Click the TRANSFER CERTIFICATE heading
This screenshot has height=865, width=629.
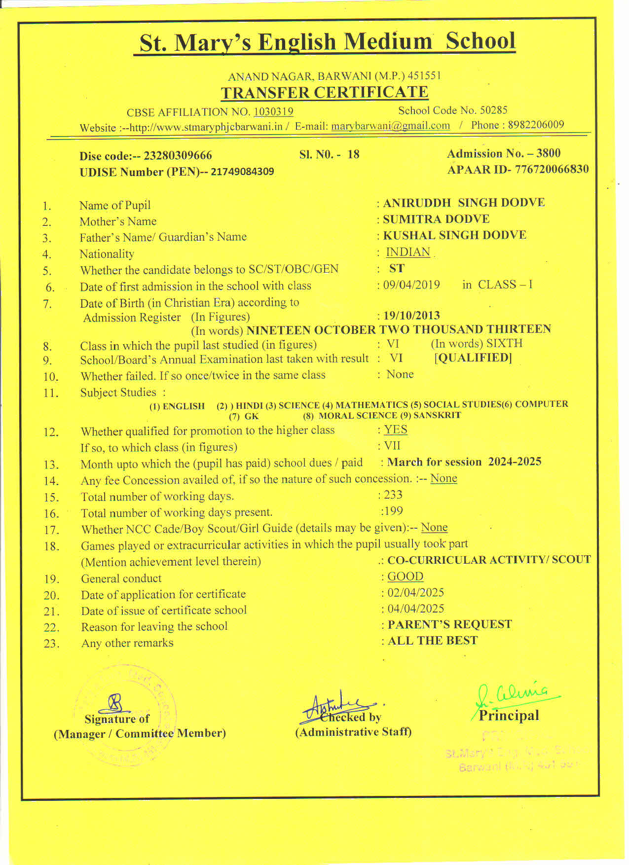click(324, 93)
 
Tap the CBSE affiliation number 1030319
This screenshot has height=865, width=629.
click(273, 112)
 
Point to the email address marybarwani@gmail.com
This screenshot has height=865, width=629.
click(390, 126)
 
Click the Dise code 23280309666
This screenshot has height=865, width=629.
click(178, 156)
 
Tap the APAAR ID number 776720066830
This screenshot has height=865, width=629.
click(552, 170)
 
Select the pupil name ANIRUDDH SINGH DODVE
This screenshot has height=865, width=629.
click(464, 203)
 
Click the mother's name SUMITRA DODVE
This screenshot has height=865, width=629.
click(436, 219)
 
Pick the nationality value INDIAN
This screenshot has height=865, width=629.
click(408, 252)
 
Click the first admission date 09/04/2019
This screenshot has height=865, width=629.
click(411, 285)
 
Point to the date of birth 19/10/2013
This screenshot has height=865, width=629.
click(411, 316)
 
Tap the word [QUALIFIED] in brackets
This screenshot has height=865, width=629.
click(473, 358)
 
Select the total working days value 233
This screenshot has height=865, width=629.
click(393, 495)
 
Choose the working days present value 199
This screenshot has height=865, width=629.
click(393, 511)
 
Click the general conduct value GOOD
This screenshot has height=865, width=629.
click(405, 577)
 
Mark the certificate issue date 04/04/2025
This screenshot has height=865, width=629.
click(415, 609)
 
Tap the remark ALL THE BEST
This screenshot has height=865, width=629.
click(433, 641)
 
